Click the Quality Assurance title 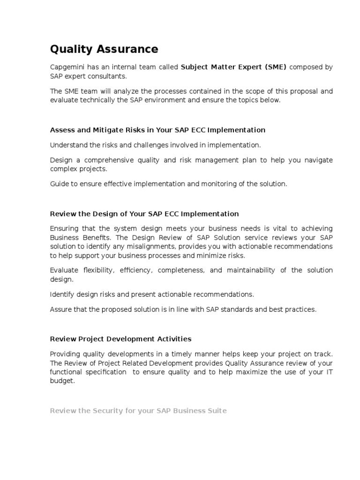[x=104, y=49]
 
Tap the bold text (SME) [x=276, y=67]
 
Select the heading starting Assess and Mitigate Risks [x=157, y=130]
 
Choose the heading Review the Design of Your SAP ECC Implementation [x=144, y=214]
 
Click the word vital [x=274, y=228]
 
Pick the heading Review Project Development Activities [x=120, y=339]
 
